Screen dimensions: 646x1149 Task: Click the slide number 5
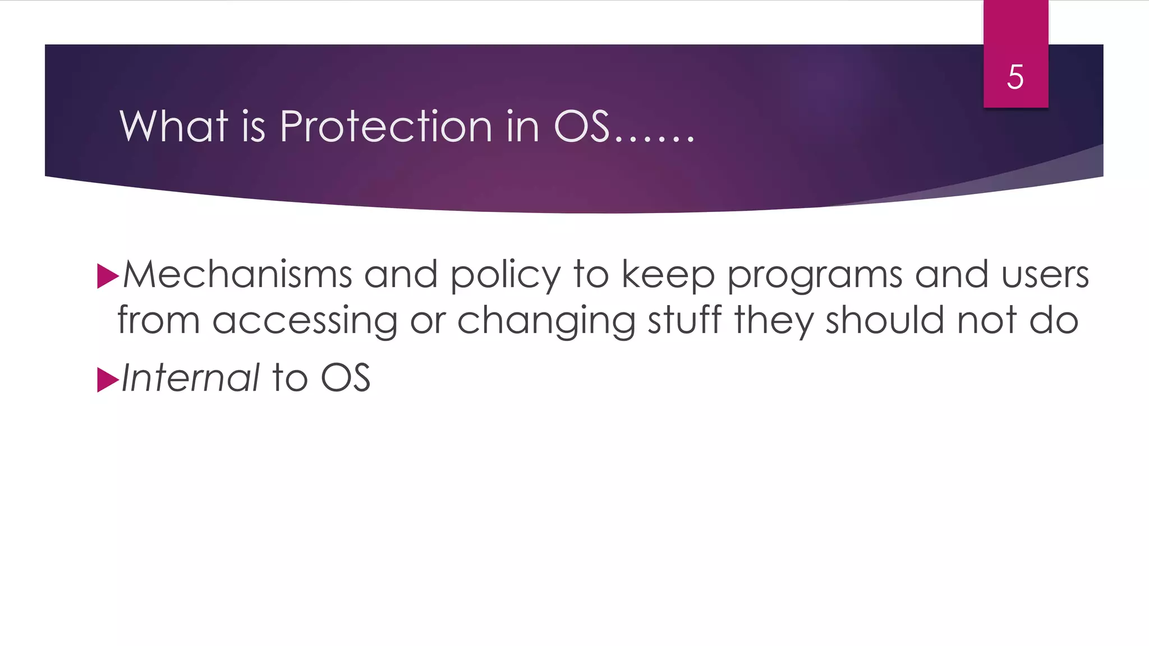[1015, 77]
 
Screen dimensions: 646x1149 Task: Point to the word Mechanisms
[237, 275]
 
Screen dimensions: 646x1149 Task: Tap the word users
[1045, 275]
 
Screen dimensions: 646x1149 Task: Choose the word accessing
[305, 321]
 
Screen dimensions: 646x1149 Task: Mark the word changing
[546, 321]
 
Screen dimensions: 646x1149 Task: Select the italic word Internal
[190, 377]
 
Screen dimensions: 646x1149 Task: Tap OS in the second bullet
[346, 377]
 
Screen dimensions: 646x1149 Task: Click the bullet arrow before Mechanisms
[107, 276]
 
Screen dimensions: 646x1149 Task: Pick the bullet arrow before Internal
[107, 380]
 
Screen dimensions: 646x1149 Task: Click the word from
[158, 320]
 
